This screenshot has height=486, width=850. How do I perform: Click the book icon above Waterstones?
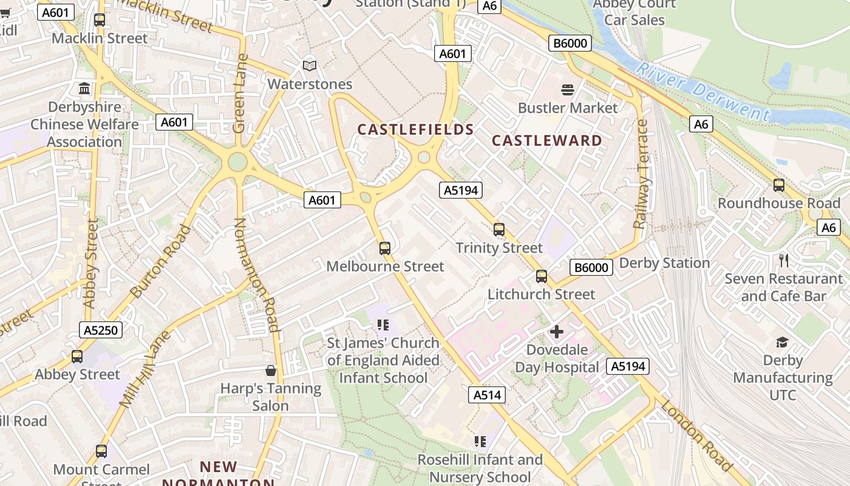[x=310, y=66]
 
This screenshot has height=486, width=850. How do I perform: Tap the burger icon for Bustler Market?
[x=568, y=90]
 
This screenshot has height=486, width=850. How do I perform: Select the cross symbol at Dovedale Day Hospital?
[x=556, y=332]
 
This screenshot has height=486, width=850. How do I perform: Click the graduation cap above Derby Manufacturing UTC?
[x=782, y=343]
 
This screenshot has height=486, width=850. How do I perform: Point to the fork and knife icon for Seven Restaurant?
[x=784, y=261]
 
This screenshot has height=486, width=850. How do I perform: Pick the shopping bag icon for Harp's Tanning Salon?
[x=271, y=370]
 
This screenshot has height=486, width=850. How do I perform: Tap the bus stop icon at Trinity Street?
[x=499, y=230]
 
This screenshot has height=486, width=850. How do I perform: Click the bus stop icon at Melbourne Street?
[x=385, y=248]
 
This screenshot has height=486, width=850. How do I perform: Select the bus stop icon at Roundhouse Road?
[x=779, y=185]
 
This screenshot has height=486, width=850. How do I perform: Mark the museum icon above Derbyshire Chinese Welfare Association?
[x=84, y=89]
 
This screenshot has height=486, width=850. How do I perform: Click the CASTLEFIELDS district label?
[x=415, y=129]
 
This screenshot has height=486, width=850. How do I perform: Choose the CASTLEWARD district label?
[x=547, y=140]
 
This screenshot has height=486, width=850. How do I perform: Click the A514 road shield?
[x=487, y=395]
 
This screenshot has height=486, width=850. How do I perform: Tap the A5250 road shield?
[x=101, y=330]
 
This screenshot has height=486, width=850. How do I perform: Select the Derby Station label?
[x=664, y=263]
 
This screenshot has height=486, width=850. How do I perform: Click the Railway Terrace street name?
[x=642, y=174]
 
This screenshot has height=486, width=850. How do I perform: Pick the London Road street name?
[x=697, y=435]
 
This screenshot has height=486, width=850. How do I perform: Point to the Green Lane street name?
[x=240, y=94]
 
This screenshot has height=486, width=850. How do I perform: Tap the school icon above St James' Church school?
[x=382, y=325]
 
